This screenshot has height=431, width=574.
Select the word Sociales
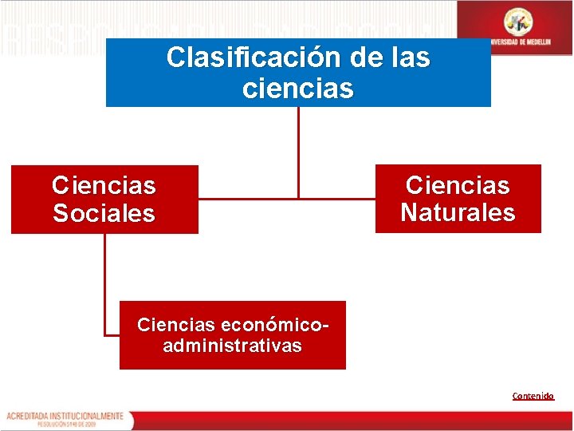pos(104,214)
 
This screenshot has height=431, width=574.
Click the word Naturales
pos(458,213)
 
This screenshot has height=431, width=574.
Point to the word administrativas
pos(232,346)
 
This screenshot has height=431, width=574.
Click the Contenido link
pos(533,396)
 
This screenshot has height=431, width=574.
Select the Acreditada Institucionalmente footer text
pos(65,416)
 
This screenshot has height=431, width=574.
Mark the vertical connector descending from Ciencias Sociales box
pos(104,279)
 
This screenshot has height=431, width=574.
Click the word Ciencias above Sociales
pos(104,186)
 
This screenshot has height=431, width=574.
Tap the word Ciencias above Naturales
pos(458,186)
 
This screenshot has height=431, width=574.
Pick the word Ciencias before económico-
pos(176,325)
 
